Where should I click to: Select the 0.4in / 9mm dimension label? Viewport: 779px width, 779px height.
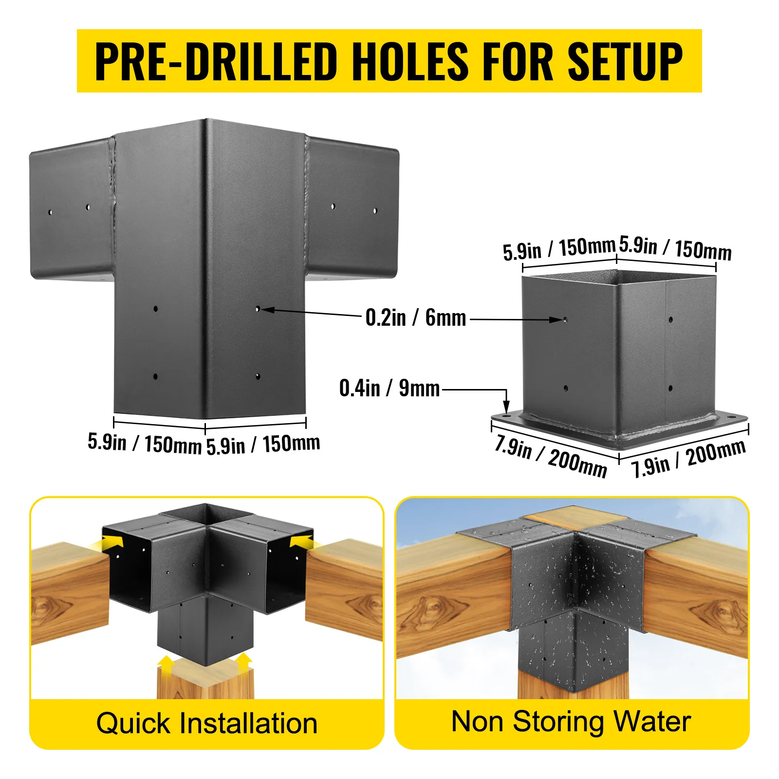click(389, 388)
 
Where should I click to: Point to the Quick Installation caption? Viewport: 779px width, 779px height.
click(207, 723)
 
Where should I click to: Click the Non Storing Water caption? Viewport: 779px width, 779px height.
click(571, 722)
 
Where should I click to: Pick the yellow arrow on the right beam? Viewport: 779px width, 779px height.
click(302, 541)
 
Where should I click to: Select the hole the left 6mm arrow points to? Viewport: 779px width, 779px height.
click(258, 309)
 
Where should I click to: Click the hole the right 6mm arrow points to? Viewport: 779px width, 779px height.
click(565, 320)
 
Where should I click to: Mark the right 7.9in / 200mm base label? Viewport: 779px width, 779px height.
click(688, 458)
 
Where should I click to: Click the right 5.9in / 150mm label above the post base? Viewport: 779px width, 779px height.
click(675, 249)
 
